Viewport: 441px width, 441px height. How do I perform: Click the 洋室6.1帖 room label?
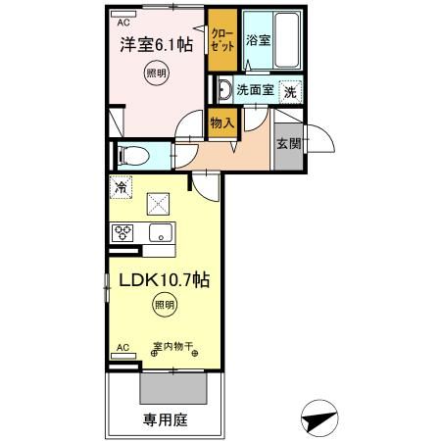(x=156, y=45)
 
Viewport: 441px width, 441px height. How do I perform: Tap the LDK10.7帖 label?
(x=163, y=280)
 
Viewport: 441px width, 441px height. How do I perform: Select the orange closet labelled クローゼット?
(x=221, y=40)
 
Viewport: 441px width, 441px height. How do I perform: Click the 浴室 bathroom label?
(x=259, y=41)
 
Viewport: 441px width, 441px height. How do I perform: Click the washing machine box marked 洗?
(x=290, y=91)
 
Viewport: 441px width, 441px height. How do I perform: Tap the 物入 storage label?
(x=221, y=122)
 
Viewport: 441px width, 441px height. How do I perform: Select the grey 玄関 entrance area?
(x=288, y=143)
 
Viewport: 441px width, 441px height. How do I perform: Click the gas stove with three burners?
(x=123, y=232)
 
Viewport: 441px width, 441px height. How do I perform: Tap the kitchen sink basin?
(x=159, y=232)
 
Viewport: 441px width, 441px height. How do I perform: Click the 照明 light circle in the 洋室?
(x=157, y=74)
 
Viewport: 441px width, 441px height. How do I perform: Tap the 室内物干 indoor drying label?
(x=173, y=346)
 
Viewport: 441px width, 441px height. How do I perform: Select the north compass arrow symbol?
(x=318, y=418)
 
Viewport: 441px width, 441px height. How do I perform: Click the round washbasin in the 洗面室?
(x=224, y=91)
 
